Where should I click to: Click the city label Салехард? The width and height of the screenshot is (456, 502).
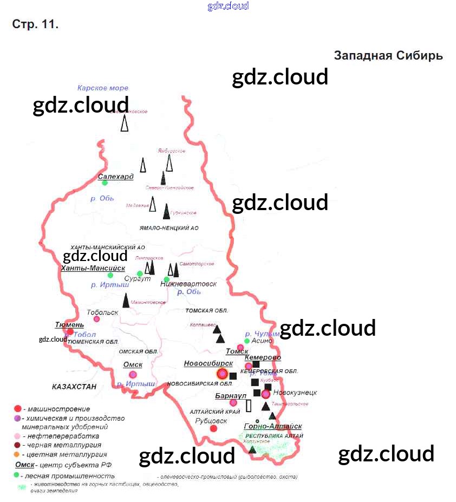(x=115, y=177)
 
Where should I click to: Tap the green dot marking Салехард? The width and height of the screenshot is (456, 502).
(x=105, y=183)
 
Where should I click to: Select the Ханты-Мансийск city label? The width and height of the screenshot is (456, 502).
(x=93, y=268)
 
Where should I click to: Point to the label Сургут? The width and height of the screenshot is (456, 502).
(x=138, y=279)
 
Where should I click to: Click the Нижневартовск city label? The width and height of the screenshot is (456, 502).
(x=188, y=284)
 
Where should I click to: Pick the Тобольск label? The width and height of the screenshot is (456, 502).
(x=102, y=312)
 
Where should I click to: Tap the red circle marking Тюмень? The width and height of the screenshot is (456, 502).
(x=70, y=331)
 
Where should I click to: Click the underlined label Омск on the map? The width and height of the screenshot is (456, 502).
(x=133, y=364)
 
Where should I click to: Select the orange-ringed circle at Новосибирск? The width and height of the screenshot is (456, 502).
(x=222, y=373)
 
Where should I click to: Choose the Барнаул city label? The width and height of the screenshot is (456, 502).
(x=231, y=396)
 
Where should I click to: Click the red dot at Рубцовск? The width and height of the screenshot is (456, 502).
(x=213, y=428)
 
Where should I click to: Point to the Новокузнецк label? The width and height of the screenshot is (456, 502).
(x=295, y=393)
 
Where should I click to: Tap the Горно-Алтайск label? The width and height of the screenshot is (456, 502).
(x=273, y=427)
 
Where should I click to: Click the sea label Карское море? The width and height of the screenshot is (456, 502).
(x=103, y=88)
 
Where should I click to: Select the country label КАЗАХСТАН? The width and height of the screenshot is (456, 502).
(x=74, y=387)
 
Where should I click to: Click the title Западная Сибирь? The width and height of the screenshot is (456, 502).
(x=388, y=56)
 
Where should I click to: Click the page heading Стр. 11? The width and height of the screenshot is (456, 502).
(x=35, y=24)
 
